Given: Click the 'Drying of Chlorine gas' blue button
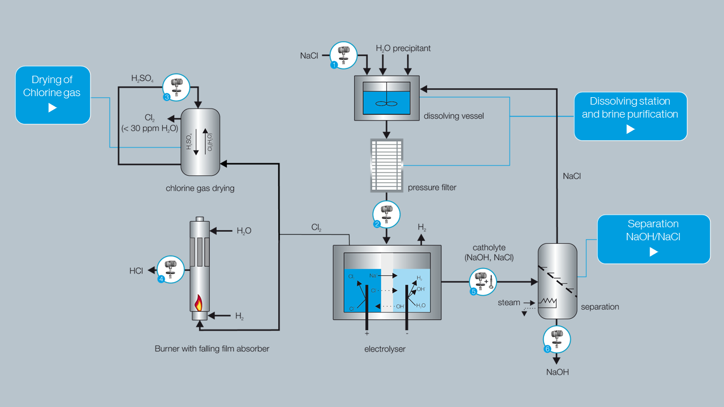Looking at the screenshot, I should [53, 94].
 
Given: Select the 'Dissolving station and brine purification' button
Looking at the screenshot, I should [630, 116].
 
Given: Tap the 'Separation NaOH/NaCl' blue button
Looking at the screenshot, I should [653, 239].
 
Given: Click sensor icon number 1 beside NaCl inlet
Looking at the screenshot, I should [343, 55].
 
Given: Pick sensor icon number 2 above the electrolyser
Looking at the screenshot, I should [386, 215].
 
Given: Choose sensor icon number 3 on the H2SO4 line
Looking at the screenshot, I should [176, 87].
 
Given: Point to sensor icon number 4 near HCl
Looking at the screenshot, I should [170, 270].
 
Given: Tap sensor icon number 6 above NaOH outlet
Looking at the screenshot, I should [557, 339].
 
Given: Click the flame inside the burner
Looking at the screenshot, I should [199, 303].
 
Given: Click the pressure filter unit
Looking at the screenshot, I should [386, 165].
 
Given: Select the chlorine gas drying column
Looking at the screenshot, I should [200, 142].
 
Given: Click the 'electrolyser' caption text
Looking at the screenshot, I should [385, 349].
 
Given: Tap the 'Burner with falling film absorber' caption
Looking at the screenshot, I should [212, 349].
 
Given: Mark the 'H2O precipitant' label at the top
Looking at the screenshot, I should [403, 49].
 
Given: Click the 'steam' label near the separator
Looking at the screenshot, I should [508, 302].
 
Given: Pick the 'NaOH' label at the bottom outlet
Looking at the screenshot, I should [557, 372].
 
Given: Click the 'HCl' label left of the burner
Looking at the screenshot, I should [136, 271].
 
